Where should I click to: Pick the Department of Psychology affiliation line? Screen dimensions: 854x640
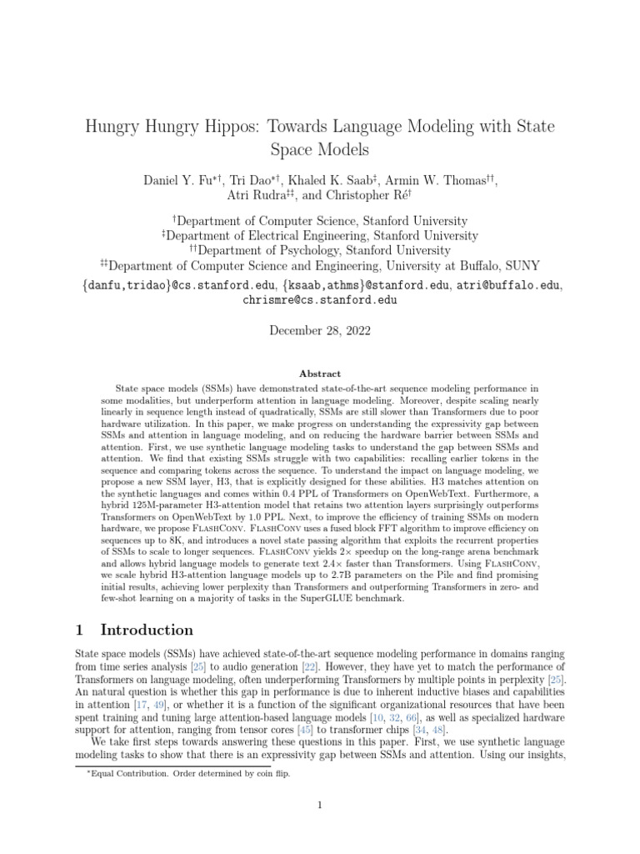pyautogui.click(x=320, y=250)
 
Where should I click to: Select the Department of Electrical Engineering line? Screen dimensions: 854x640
pyautogui.click(x=320, y=235)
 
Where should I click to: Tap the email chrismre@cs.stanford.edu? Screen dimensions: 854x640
pyautogui.click(x=320, y=299)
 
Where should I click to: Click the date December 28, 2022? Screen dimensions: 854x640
pyautogui.click(x=320, y=330)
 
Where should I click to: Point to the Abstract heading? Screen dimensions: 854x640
pyautogui.click(x=320, y=374)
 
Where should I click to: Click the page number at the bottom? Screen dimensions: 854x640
pyautogui.click(x=320, y=805)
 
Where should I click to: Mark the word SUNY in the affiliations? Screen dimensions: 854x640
pyautogui.click(x=521, y=266)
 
